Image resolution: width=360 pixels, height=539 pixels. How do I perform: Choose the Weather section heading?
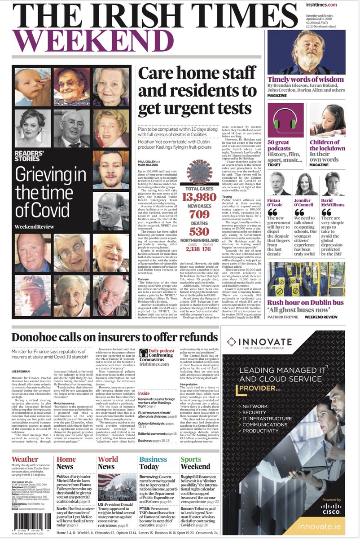[x=25, y=459]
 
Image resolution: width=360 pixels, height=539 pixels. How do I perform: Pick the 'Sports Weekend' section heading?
[x=195, y=463]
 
